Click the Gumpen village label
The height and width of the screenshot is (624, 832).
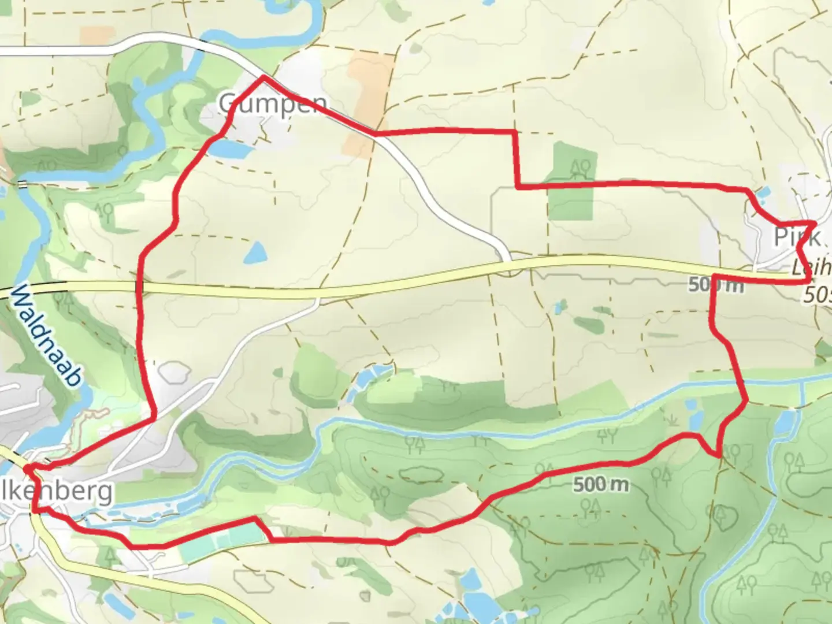pos(272,105)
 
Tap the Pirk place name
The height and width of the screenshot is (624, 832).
pos(797,237)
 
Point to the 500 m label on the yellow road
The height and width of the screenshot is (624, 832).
pos(715,284)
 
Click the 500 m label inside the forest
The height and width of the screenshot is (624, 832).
pos(601,484)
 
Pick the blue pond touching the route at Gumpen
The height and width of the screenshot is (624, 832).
pos(231,150)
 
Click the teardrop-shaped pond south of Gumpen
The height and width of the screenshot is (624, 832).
pos(255,252)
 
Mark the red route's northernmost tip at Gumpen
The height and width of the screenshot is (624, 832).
pos(264,76)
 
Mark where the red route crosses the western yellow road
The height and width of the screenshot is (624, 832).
pos(139,287)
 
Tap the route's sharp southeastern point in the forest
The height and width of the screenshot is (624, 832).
pos(719,455)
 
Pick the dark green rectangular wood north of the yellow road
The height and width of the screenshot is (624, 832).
pos(571,181)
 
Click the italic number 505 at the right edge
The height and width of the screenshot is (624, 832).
pos(818,296)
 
